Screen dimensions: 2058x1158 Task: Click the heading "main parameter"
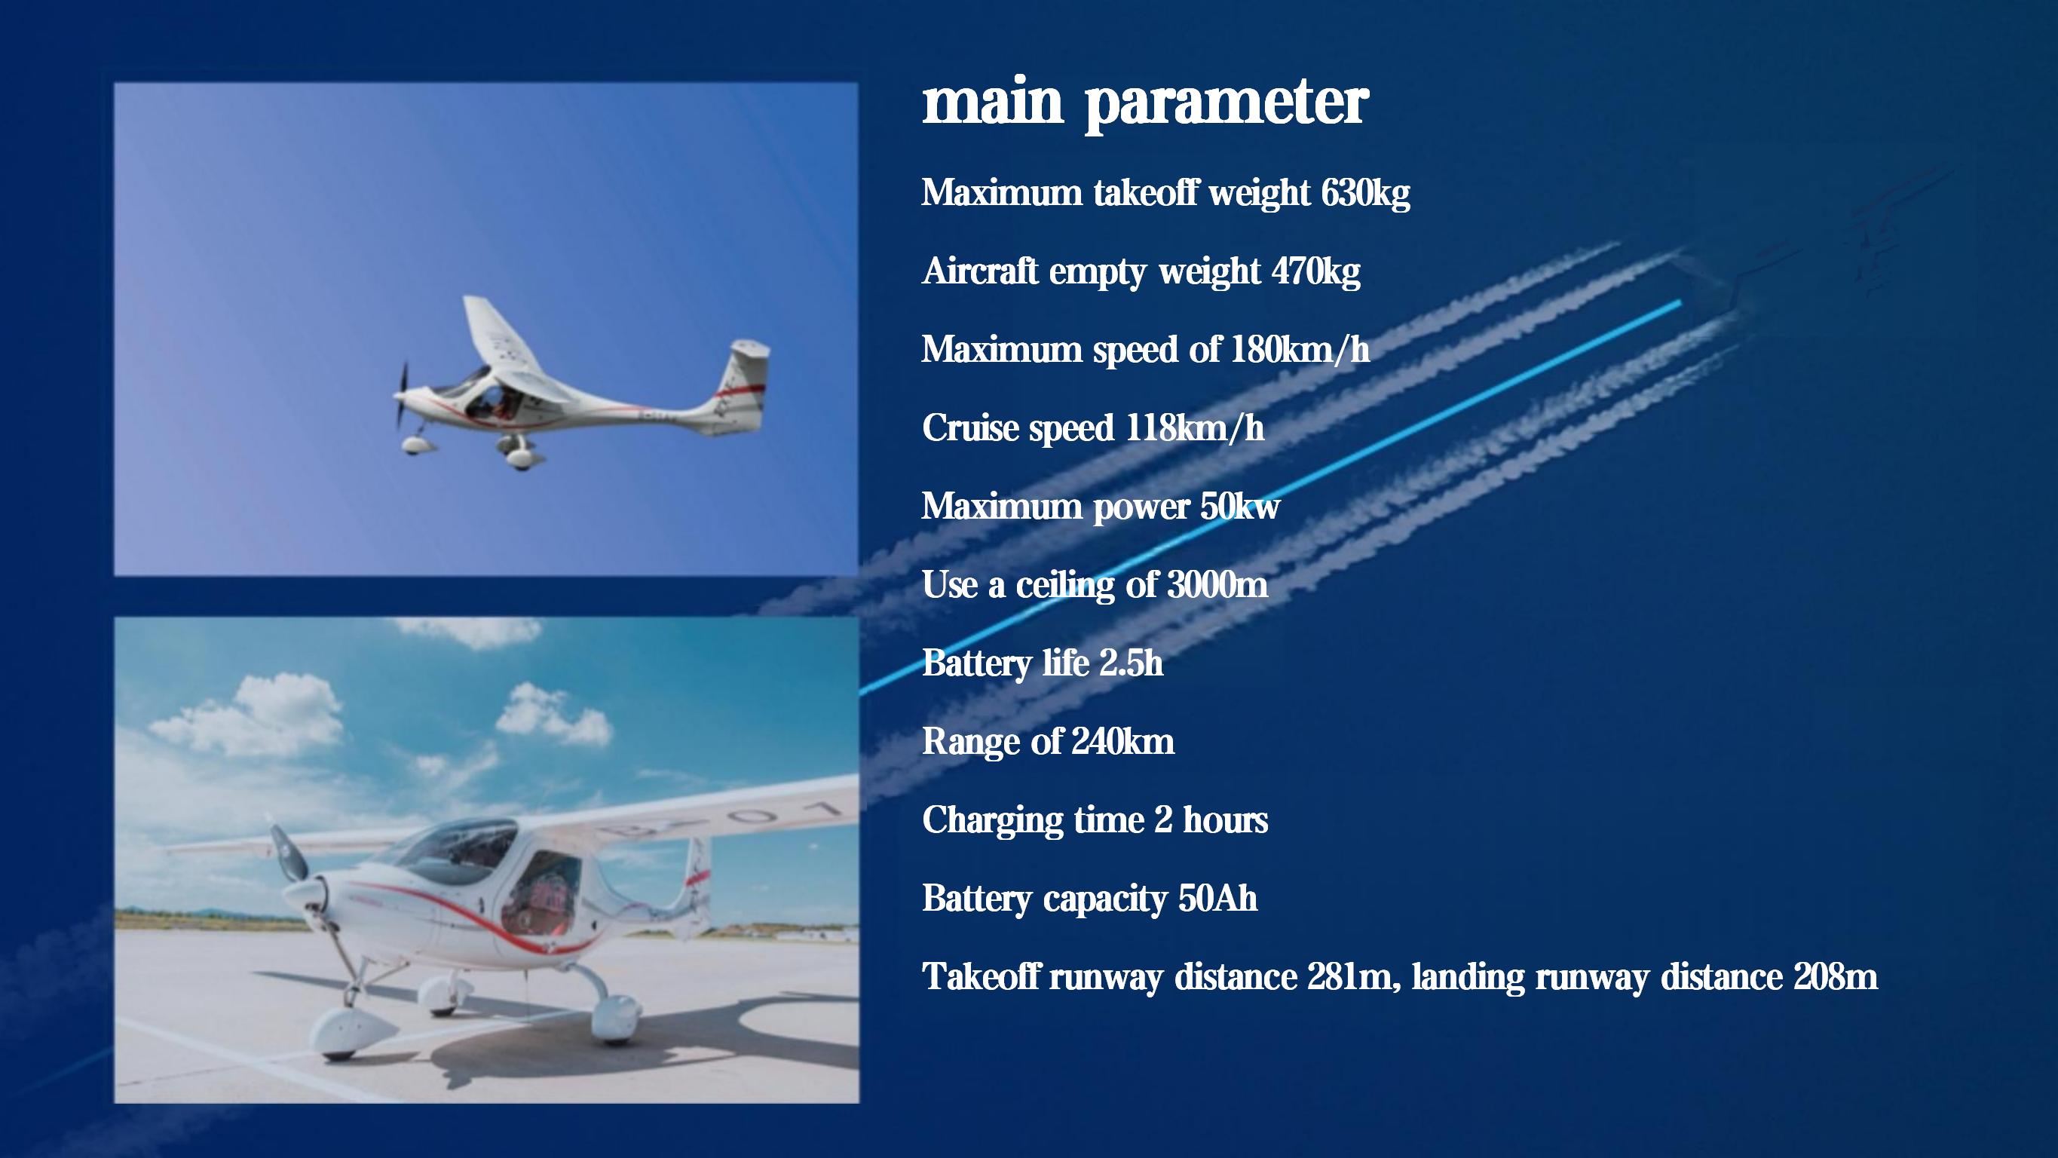tap(1145, 105)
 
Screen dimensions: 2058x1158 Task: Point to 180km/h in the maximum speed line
tap(1299, 350)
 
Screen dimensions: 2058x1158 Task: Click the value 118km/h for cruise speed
tap(1194, 428)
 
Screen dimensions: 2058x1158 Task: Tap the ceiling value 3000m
tap(1217, 585)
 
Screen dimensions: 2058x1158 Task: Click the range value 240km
tap(1122, 742)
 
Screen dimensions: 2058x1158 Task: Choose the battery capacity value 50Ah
tap(1217, 898)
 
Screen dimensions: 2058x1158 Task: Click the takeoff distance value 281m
tap(1349, 976)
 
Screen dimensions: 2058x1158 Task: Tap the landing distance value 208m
tap(1835, 976)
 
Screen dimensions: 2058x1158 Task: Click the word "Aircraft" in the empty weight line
tap(979, 271)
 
